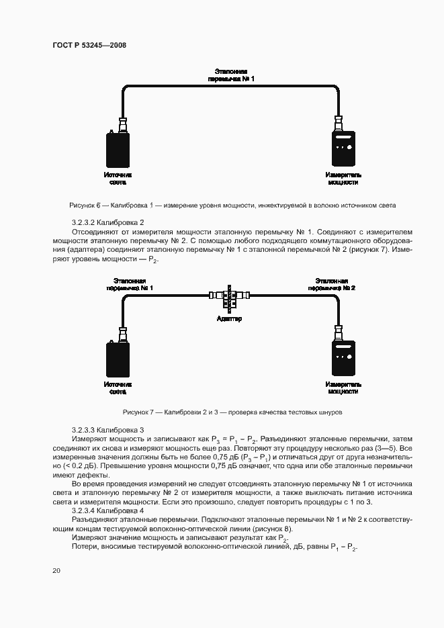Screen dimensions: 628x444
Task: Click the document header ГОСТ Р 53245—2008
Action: (x=89, y=45)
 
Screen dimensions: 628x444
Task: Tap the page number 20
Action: (x=56, y=571)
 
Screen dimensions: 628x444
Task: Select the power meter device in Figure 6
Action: (x=343, y=151)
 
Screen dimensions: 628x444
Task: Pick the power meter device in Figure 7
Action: (x=343, y=360)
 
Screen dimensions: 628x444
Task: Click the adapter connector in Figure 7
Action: (x=230, y=296)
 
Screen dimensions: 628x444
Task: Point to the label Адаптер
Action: (x=230, y=318)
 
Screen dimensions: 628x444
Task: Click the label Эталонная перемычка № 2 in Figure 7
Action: (x=331, y=283)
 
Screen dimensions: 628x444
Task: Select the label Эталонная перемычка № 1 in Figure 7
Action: (x=130, y=283)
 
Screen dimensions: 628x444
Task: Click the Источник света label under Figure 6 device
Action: (x=118, y=178)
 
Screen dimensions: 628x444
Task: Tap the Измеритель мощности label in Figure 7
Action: (x=343, y=388)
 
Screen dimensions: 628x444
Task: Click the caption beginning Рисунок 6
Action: (x=232, y=205)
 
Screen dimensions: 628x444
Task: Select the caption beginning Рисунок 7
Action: (x=232, y=412)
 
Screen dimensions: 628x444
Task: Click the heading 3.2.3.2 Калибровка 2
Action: (x=107, y=222)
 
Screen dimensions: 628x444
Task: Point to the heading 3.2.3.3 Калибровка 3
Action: (x=107, y=430)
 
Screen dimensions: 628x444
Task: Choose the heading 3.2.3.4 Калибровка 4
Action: (x=107, y=510)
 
